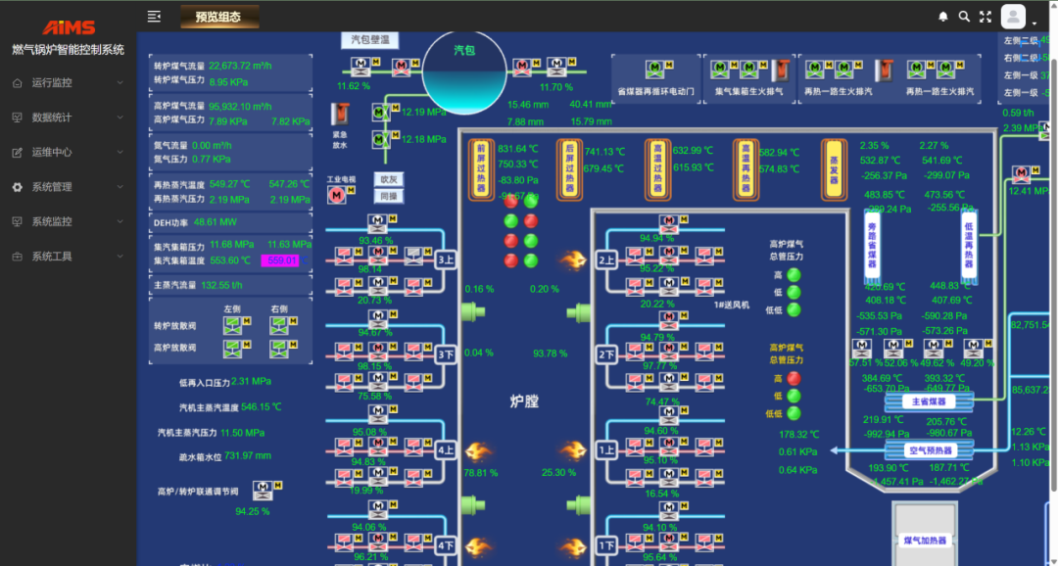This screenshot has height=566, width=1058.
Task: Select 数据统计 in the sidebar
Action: [x=52, y=118]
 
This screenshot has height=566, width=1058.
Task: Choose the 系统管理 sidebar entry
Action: [x=52, y=187]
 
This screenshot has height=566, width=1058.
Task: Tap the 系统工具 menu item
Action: [x=52, y=257]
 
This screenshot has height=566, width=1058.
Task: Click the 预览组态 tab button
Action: [x=219, y=17]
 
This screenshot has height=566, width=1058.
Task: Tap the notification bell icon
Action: [x=943, y=17]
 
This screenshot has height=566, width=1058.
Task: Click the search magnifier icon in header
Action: [x=964, y=17]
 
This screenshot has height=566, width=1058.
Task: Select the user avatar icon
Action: [x=1013, y=17]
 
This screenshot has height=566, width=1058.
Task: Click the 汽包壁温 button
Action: [x=370, y=40]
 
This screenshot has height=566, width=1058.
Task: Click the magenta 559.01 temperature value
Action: [x=279, y=260]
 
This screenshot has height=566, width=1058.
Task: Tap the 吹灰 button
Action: [x=389, y=180]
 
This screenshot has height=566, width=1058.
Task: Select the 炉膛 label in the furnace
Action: [x=525, y=401]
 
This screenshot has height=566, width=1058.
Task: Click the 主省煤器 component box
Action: [x=928, y=401]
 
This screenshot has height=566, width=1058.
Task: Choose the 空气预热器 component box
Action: [x=930, y=450]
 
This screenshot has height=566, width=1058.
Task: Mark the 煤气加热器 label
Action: [x=925, y=541]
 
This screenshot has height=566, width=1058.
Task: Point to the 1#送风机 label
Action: [x=732, y=306]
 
